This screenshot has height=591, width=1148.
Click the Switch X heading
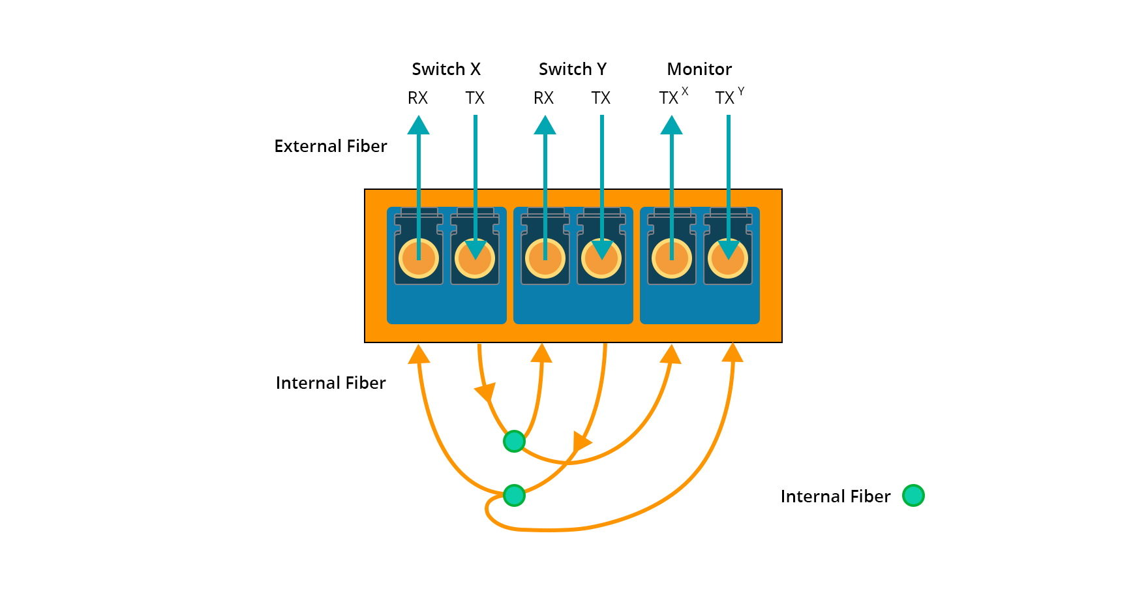click(x=446, y=69)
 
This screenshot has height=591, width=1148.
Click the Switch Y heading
click(x=573, y=69)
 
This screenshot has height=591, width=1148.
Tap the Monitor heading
click(x=699, y=69)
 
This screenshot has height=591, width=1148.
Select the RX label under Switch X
click(x=417, y=98)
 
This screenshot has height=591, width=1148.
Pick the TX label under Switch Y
click(x=601, y=98)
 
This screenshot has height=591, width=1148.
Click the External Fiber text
click(x=331, y=146)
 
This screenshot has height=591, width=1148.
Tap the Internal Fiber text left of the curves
click(x=331, y=383)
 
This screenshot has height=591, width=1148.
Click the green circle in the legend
click(x=913, y=496)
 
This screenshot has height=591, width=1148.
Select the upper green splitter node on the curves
click(x=514, y=442)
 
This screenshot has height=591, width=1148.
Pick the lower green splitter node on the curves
click(x=514, y=496)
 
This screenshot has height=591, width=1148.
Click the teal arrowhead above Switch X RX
click(x=419, y=125)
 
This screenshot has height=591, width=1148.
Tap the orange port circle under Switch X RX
click(x=419, y=259)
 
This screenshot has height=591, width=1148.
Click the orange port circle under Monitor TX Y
click(x=728, y=259)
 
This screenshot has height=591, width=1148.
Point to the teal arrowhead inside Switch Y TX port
click(x=601, y=249)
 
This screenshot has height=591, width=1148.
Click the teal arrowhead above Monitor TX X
click(x=672, y=125)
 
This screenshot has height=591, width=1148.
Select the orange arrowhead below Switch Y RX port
click(x=541, y=354)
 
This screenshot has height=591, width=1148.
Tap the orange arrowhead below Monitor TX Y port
click(x=733, y=352)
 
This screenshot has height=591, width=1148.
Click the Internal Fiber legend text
click(x=836, y=496)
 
